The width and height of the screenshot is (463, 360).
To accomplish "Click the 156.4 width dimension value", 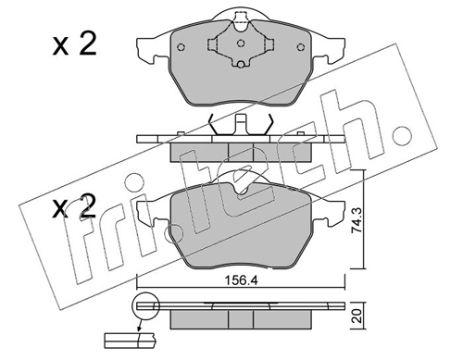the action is pos(241,280).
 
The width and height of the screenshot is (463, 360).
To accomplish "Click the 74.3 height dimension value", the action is pos(357,220).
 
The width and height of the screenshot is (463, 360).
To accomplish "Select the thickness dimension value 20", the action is pos(357,317).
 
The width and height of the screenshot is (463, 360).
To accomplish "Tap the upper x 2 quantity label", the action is pos(74,45).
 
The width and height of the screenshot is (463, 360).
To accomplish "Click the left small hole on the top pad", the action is pos(181,47).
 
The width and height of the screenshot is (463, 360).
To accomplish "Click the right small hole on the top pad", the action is pos(300,47).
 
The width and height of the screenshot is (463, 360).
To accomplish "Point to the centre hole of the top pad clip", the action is pos(241,43).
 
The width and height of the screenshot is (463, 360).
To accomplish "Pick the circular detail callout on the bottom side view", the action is pos(145,305).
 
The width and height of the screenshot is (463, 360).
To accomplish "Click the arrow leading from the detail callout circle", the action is pos(140,325).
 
